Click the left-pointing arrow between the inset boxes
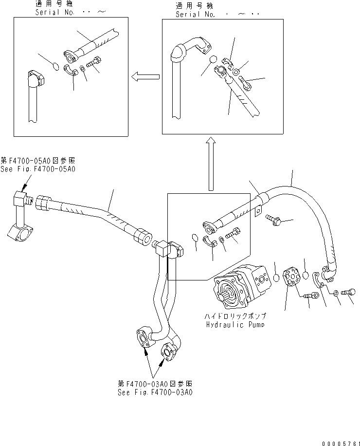pyautogui.click(x=145, y=76)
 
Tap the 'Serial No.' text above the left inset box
pyautogui.click(x=55, y=12)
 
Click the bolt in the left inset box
pyautogui.click(x=93, y=63)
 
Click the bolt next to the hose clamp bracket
pyautogui.click(x=273, y=220)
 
